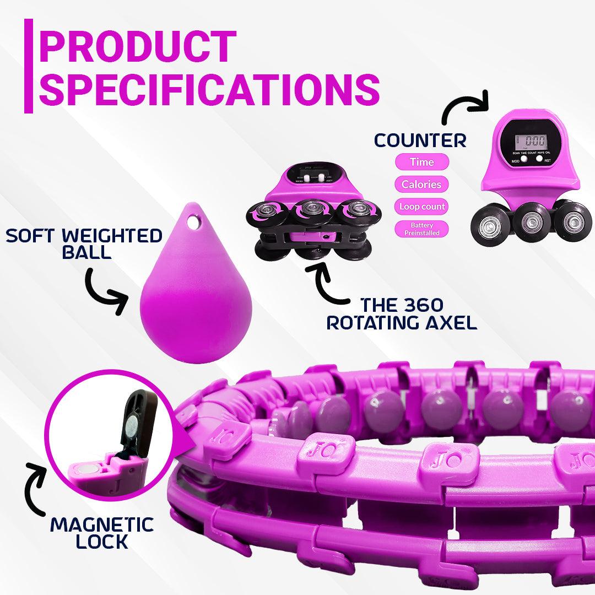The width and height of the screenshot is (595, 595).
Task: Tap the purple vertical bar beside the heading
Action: click(x=29, y=67)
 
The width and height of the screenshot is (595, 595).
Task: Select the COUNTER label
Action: click(x=421, y=140)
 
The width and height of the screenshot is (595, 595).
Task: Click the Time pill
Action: click(x=421, y=162)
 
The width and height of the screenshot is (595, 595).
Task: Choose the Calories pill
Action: click(x=421, y=185)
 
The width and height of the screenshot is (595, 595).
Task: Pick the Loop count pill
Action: click(x=421, y=207)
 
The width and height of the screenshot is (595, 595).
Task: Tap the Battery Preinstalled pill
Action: click(x=421, y=229)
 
